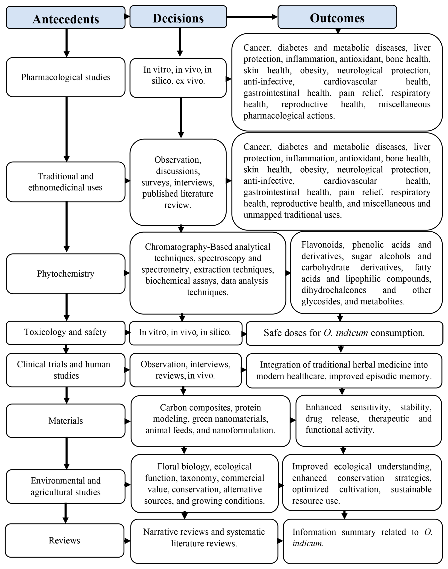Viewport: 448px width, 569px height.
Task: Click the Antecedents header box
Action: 66,18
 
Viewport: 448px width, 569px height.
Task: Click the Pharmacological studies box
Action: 66,77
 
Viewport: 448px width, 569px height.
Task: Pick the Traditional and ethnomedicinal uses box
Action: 66,182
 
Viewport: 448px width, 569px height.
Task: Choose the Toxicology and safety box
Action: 66,332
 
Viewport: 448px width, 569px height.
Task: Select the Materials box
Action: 66,421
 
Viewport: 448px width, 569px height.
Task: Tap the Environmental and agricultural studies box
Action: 66,486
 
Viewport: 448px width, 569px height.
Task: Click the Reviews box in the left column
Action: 64,540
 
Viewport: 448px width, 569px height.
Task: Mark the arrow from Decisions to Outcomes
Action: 252,17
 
